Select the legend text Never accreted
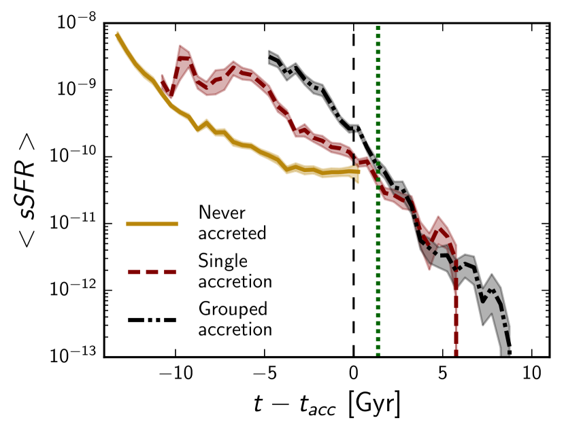pos(232,223)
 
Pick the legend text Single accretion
pos(235,271)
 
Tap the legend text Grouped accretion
pos(235,319)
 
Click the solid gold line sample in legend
pos(152,223)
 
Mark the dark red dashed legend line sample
pos(152,271)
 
